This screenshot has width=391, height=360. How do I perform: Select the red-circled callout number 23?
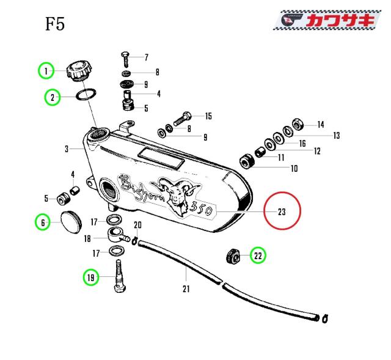click(282, 212)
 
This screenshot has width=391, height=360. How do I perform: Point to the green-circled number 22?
click(258, 256)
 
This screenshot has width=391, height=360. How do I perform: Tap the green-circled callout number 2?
click(53, 97)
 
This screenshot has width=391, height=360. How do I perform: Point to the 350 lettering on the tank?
click(200, 208)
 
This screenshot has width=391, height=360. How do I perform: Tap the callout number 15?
click(208, 116)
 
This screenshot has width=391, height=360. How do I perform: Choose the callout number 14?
click(320, 124)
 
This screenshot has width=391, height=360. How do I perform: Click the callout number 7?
click(146, 57)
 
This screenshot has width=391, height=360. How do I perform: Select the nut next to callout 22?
click(233, 256)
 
